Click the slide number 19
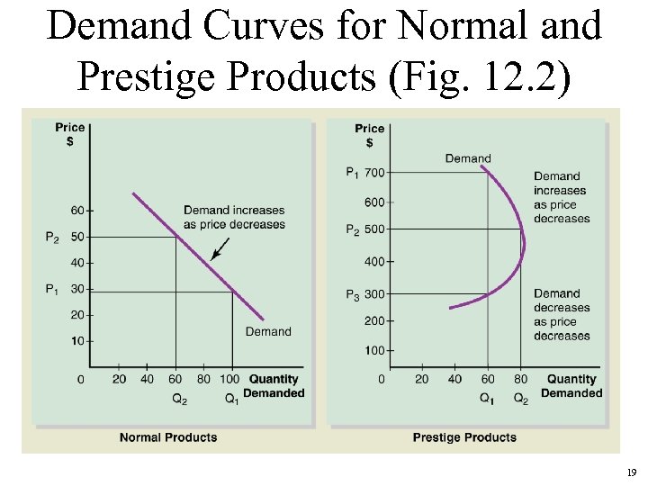coord(631,472)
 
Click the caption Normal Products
coord(168,437)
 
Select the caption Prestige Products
coord(464,437)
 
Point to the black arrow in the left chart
coord(220,249)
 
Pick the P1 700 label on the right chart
coord(364,173)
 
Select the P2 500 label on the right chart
coord(364,229)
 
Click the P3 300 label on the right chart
coord(364,294)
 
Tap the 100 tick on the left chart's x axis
coord(231,380)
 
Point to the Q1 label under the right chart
coord(487,399)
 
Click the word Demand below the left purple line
coord(268,332)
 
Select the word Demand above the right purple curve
coord(468,158)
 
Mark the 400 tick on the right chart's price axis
coord(373,262)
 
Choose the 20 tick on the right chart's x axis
coord(421,380)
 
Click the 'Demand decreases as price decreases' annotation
coord(562,314)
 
